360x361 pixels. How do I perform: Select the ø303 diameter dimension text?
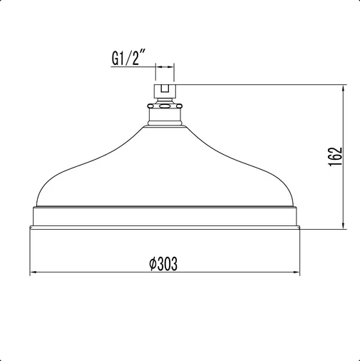(163, 263)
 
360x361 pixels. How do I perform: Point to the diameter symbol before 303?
(152, 263)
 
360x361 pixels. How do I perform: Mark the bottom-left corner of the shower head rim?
(29, 229)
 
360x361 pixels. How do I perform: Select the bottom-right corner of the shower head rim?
(300, 229)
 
